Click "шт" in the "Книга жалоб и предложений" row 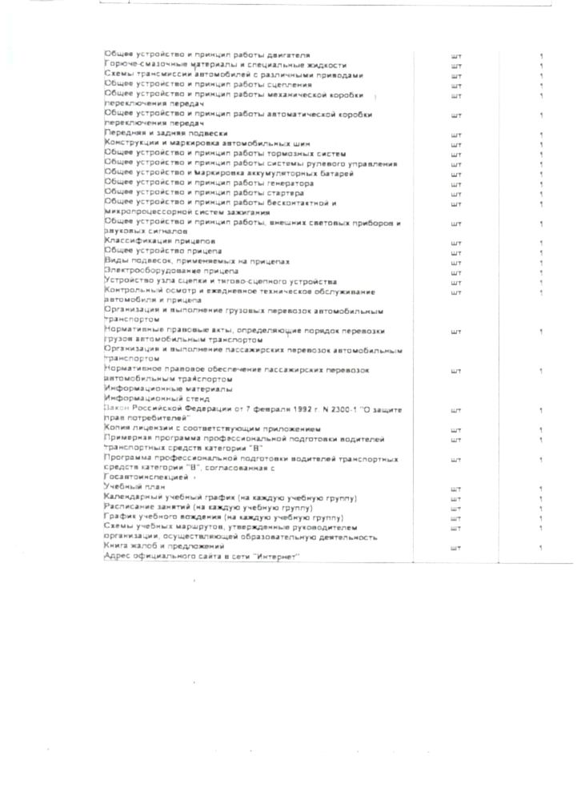(456, 549)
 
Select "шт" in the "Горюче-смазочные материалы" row (456, 66)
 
